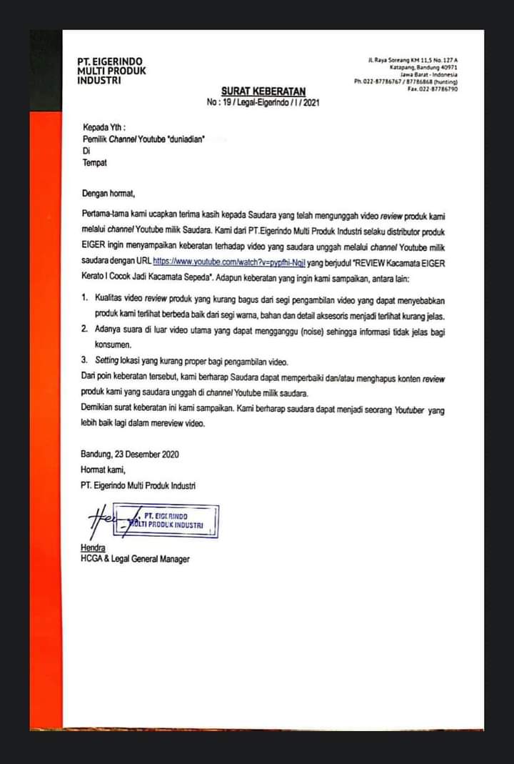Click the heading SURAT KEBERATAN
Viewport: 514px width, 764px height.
(263, 91)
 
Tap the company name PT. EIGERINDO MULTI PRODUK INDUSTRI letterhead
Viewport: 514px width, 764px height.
(111, 71)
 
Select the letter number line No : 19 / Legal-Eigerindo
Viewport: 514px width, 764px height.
(263, 103)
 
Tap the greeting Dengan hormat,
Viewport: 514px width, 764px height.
(108, 193)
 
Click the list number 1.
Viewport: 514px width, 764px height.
(84, 295)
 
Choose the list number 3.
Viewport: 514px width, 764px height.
(84, 361)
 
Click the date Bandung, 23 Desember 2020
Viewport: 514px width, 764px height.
(130, 454)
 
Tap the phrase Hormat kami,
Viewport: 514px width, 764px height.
(104, 470)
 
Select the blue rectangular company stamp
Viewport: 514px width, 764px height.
(173, 520)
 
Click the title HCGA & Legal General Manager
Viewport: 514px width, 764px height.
(135, 559)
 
